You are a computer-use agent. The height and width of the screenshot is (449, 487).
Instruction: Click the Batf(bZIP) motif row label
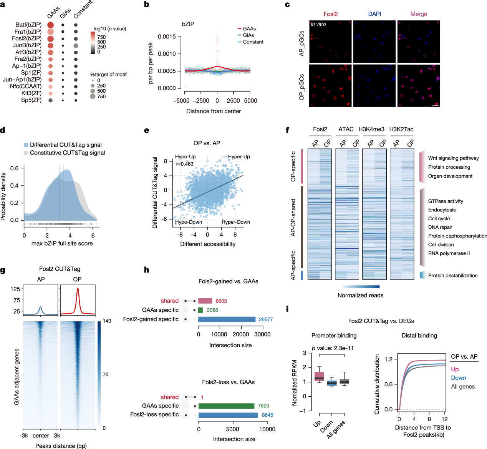coord(28,25)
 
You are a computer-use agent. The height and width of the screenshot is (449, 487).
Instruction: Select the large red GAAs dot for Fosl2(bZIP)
coord(50,39)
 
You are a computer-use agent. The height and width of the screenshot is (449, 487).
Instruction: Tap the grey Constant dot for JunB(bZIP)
coord(76,46)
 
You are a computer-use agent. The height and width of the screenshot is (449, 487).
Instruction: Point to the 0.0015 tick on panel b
coord(167,37)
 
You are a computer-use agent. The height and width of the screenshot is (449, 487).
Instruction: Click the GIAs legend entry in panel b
coord(248,35)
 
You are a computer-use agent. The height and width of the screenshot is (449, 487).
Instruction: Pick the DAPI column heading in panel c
coord(374,14)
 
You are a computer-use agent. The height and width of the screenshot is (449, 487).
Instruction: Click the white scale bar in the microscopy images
coord(435,105)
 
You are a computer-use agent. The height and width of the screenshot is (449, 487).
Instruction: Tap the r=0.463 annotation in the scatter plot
coord(185,164)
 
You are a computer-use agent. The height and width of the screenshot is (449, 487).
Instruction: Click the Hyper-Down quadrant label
coord(235,222)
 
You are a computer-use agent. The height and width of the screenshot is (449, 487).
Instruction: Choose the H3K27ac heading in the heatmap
coord(401,129)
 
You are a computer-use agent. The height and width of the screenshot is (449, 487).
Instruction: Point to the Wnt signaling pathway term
coord(453,158)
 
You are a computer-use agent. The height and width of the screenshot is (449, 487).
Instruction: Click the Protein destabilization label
coord(453,276)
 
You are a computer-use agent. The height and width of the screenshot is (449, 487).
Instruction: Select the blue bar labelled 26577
coord(227,319)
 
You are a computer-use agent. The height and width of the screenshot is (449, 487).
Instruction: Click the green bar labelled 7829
coord(226,406)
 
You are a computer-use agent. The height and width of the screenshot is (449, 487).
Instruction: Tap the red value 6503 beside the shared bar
coord(221,301)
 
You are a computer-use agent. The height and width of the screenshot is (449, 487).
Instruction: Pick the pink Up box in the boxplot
coord(319,376)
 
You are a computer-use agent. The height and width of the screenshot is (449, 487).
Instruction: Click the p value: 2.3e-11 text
coord(333,348)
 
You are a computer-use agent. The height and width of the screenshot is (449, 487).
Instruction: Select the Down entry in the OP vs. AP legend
coord(459,378)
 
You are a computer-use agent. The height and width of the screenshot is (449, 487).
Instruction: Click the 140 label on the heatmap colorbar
coord(107,321)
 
